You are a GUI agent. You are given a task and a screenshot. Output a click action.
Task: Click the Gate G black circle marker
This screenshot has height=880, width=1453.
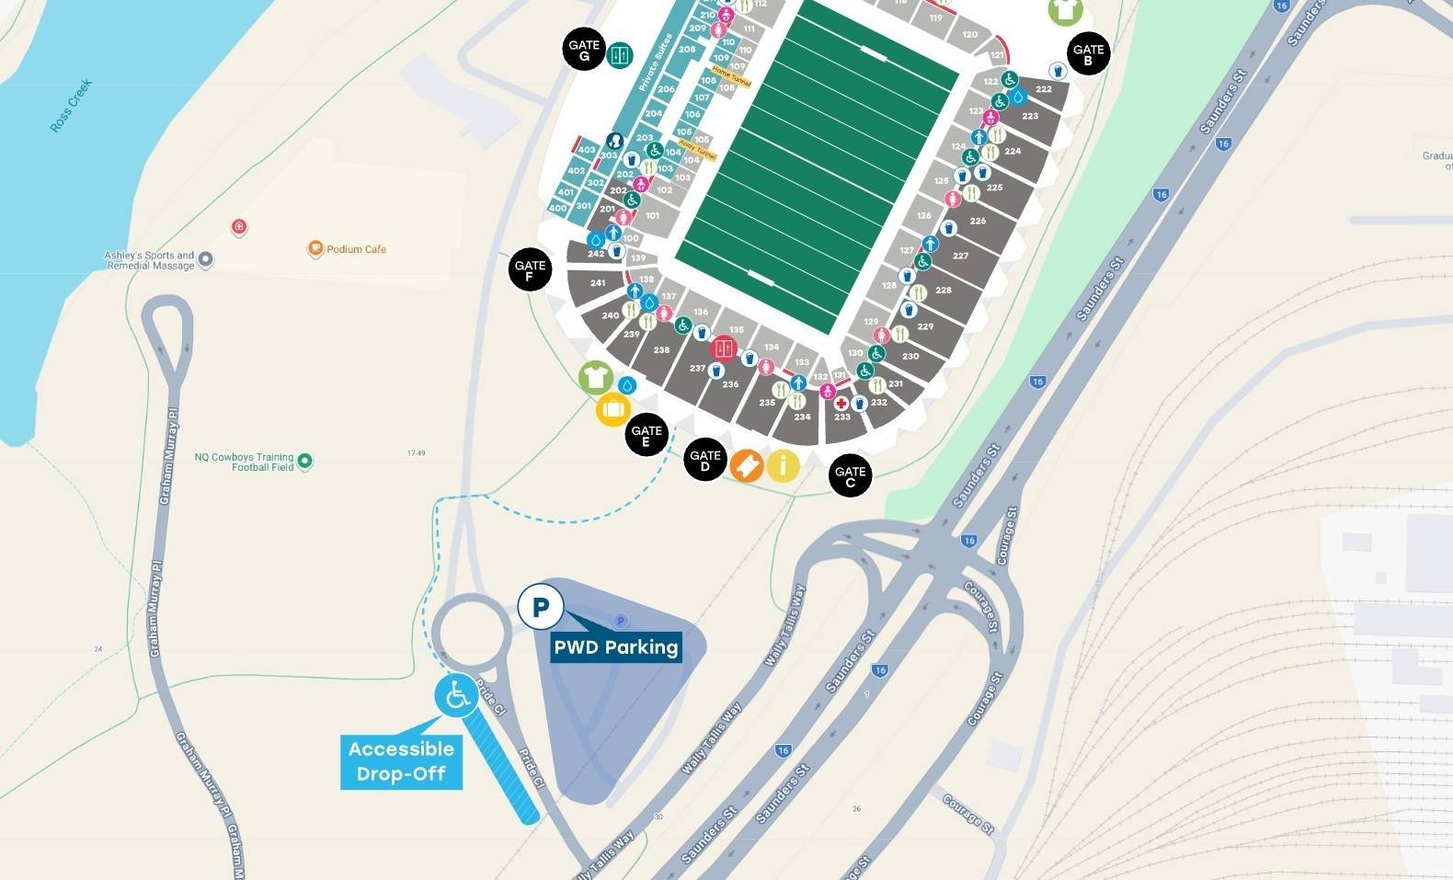click(584, 51)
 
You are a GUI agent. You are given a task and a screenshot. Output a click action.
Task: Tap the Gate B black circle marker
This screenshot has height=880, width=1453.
click(1088, 55)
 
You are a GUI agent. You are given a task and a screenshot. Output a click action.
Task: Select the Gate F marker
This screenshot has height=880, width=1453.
click(530, 270)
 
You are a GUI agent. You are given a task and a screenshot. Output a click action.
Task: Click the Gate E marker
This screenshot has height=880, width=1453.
click(646, 435)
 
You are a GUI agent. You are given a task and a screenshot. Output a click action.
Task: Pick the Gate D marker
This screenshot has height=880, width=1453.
click(705, 460)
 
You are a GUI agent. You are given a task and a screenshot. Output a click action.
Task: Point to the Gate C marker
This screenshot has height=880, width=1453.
click(850, 476)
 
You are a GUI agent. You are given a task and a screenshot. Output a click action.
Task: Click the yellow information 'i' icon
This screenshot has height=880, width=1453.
click(783, 465)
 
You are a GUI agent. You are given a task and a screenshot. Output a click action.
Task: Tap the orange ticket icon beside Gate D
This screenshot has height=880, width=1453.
click(747, 465)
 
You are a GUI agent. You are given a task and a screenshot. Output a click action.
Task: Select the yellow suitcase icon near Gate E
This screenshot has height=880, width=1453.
click(613, 410)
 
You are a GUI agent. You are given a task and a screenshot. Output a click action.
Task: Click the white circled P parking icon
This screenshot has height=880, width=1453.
click(541, 607)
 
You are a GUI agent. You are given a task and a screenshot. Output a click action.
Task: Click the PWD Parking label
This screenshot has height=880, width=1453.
click(616, 646)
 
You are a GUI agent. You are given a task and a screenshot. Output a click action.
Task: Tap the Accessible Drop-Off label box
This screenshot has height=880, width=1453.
click(401, 761)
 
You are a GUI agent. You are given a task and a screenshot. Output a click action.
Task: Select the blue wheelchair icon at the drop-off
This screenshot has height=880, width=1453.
click(456, 696)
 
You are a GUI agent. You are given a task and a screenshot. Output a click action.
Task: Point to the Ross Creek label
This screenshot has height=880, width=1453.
click(71, 107)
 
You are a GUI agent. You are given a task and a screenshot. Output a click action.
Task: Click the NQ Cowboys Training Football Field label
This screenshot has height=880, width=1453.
click(245, 462)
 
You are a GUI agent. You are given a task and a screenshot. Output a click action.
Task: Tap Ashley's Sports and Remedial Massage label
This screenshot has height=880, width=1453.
click(150, 260)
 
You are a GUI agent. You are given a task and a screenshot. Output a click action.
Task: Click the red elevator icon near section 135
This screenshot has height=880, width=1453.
click(724, 349)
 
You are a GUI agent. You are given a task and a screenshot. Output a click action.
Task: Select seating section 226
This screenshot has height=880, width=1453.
click(978, 221)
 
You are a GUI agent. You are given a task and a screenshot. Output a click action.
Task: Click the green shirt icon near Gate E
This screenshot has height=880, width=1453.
click(596, 377)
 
